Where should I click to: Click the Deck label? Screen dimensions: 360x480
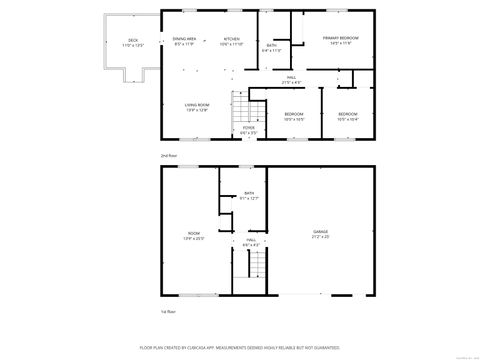[133, 43]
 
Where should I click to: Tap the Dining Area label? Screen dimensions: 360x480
[186, 41]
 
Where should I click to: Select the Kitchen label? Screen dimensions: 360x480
[231, 41]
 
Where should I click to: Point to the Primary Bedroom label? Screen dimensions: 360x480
[340, 40]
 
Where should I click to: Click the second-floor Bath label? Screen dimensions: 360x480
[272, 47]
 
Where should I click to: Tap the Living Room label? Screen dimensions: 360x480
[196, 107]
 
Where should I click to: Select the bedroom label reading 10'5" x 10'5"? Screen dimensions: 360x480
[293, 116]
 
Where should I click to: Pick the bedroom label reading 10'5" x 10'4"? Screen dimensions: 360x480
[347, 116]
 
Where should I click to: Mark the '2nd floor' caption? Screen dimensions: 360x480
[169, 156]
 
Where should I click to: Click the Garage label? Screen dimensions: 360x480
[320, 235]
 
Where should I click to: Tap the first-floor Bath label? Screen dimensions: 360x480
[248, 196]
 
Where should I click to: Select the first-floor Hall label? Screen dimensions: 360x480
[251, 242]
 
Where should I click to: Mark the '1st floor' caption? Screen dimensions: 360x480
[169, 312]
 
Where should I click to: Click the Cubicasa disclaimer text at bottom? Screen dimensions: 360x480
[240, 349]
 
